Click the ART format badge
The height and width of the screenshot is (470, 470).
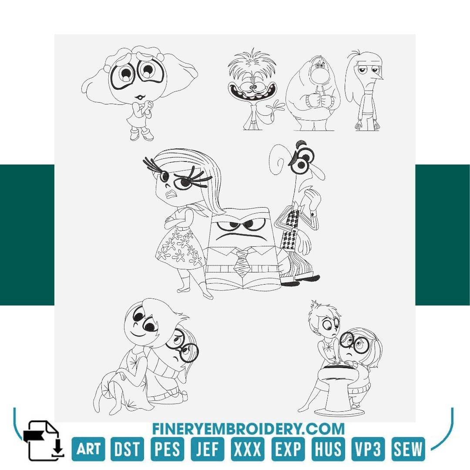(x=88, y=449)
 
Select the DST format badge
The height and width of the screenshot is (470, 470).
(x=128, y=449)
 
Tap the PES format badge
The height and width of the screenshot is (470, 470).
(x=168, y=449)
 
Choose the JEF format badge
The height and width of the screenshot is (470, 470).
(x=208, y=449)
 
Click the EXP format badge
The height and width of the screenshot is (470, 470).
(x=288, y=449)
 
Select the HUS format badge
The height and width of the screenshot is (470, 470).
(x=327, y=449)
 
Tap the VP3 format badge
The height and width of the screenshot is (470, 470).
(x=368, y=449)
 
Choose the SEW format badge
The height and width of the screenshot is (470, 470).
(x=408, y=449)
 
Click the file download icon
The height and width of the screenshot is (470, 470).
(x=44, y=440)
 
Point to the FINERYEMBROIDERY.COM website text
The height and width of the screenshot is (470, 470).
(x=248, y=429)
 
